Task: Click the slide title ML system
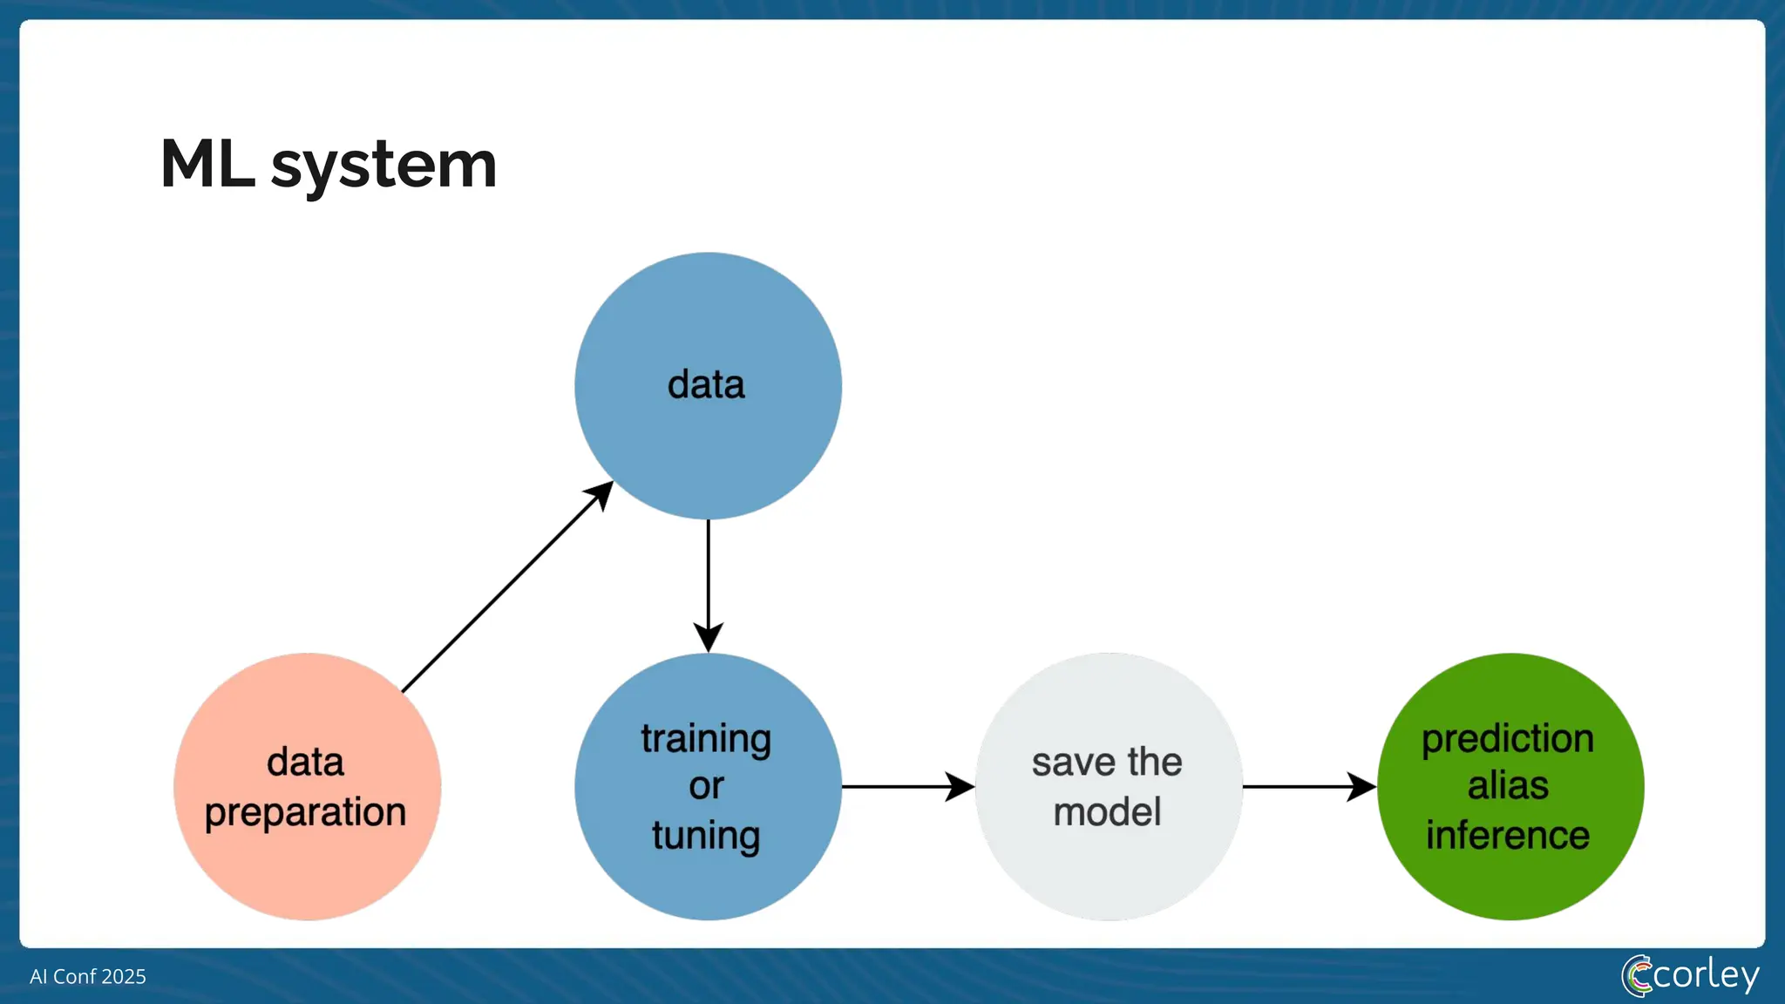pyautogui.click(x=328, y=164)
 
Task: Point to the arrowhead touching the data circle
pyautogui.click(x=600, y=494)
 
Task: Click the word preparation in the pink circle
pyautogui.click(x=305, y=812)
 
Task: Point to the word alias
pyautogui.click(x=1508, y=786)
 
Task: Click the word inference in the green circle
pyautogui.click(x=1508, y=835)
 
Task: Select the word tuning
pyautogui.click(x=706, y=835)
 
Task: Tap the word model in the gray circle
pyautogui.click(x=1107, y=812)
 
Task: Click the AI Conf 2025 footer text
pyautogui.click(x=87, y=976)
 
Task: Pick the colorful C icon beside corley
pyautogui.click(x=1636, y=975)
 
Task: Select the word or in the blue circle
pyautogui.click(x=706, y=787)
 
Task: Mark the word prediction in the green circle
pyautogui.click(x=1508, y=739)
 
